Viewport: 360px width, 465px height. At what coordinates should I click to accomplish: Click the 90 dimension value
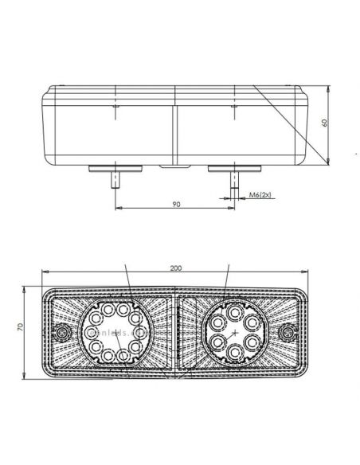[177, 204]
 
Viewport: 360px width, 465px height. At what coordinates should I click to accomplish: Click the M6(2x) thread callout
[260, 193]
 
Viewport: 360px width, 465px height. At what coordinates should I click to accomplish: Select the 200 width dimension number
[176, 268]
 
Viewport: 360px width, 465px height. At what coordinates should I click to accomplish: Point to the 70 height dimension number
[23, 326]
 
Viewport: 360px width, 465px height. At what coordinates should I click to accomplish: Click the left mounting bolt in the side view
[117, 180]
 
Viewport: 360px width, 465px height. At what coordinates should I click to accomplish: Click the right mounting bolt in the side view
[234, 180]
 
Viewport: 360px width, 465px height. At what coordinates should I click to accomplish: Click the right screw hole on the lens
[290, 330]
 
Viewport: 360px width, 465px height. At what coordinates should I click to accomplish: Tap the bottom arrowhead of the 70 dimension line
[30, 374]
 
